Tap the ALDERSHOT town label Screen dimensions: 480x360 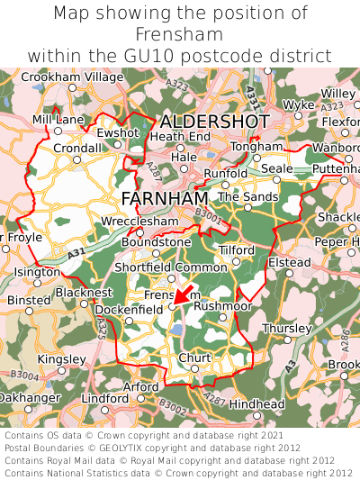(214, 121)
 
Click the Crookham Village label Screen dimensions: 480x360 (72, 77)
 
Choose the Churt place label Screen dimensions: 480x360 (195, 358)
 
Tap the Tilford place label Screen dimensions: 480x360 (237, 249)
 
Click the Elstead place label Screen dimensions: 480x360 (291, 262)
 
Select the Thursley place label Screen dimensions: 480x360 (287, 328)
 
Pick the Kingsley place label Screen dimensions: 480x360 (62, 358)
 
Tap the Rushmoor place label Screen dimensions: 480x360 (222, 306)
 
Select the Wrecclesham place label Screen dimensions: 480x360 (134, 219)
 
